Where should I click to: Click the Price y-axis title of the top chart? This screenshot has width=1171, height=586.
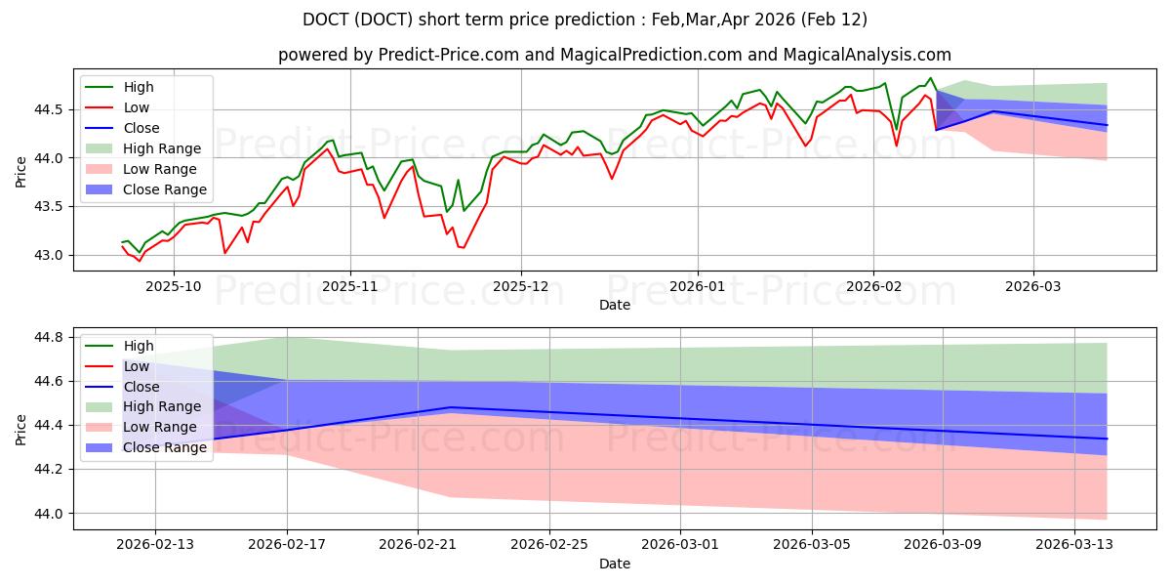click(x=21, y=172)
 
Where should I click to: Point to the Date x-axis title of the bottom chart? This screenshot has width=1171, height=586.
click(x=615, y=564)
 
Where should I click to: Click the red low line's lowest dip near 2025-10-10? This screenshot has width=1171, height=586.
click(x=225, y=254)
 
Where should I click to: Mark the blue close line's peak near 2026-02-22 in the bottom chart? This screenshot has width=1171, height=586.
click(x=450, y=407)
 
